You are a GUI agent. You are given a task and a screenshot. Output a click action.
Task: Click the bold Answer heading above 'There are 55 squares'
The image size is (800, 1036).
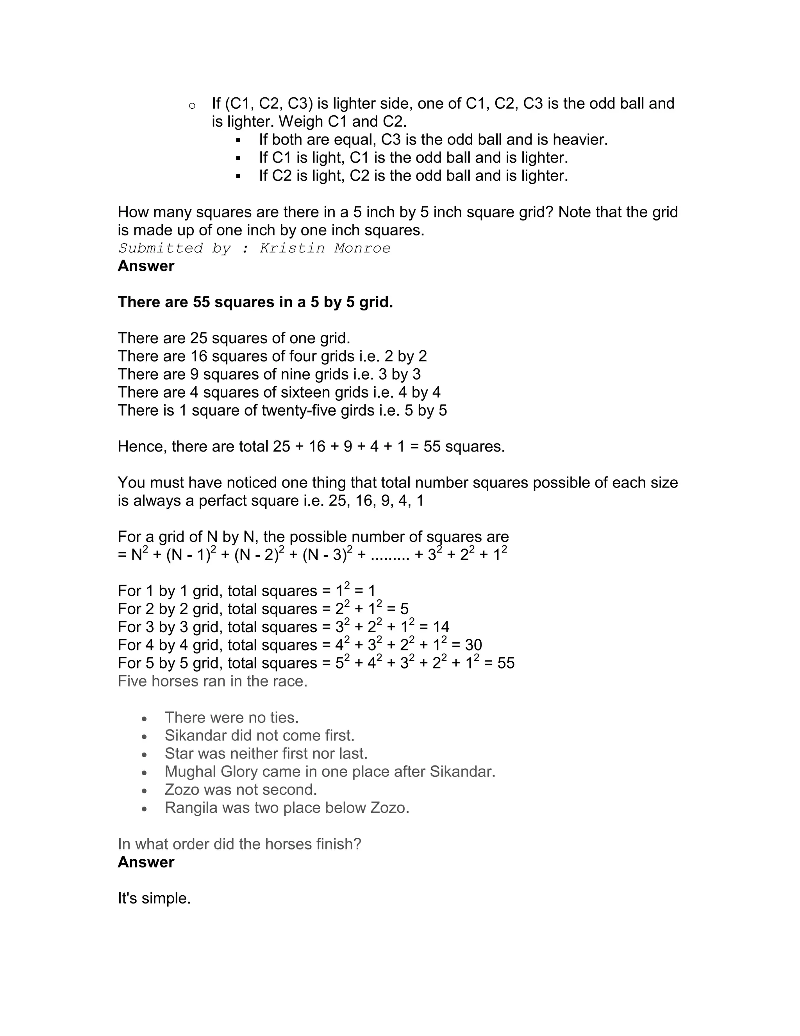pyautogui.click(x=146, y=266)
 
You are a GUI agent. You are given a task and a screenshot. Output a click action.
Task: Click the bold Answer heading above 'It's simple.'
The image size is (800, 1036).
pyautogui.click(x=146, y=862)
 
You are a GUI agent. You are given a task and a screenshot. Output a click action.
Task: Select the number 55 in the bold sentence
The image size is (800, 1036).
pyautogui.click(x=202, y=302)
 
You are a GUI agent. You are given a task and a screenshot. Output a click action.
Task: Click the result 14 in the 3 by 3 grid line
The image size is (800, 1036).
pyautogui.click(x=441, y=627)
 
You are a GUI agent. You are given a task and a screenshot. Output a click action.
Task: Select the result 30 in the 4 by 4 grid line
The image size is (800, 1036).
pyautogui.click(x=473, y=645)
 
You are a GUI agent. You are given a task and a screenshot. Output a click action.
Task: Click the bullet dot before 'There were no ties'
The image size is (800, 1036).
pyautogui.click(x=145, y=719)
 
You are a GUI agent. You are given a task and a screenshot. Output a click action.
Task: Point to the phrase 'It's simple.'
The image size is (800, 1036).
pyautogui.click(x=154, y=898)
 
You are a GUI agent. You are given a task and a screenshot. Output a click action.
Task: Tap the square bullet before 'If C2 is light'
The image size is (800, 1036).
pyautogui.click(x=238, y=176)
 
